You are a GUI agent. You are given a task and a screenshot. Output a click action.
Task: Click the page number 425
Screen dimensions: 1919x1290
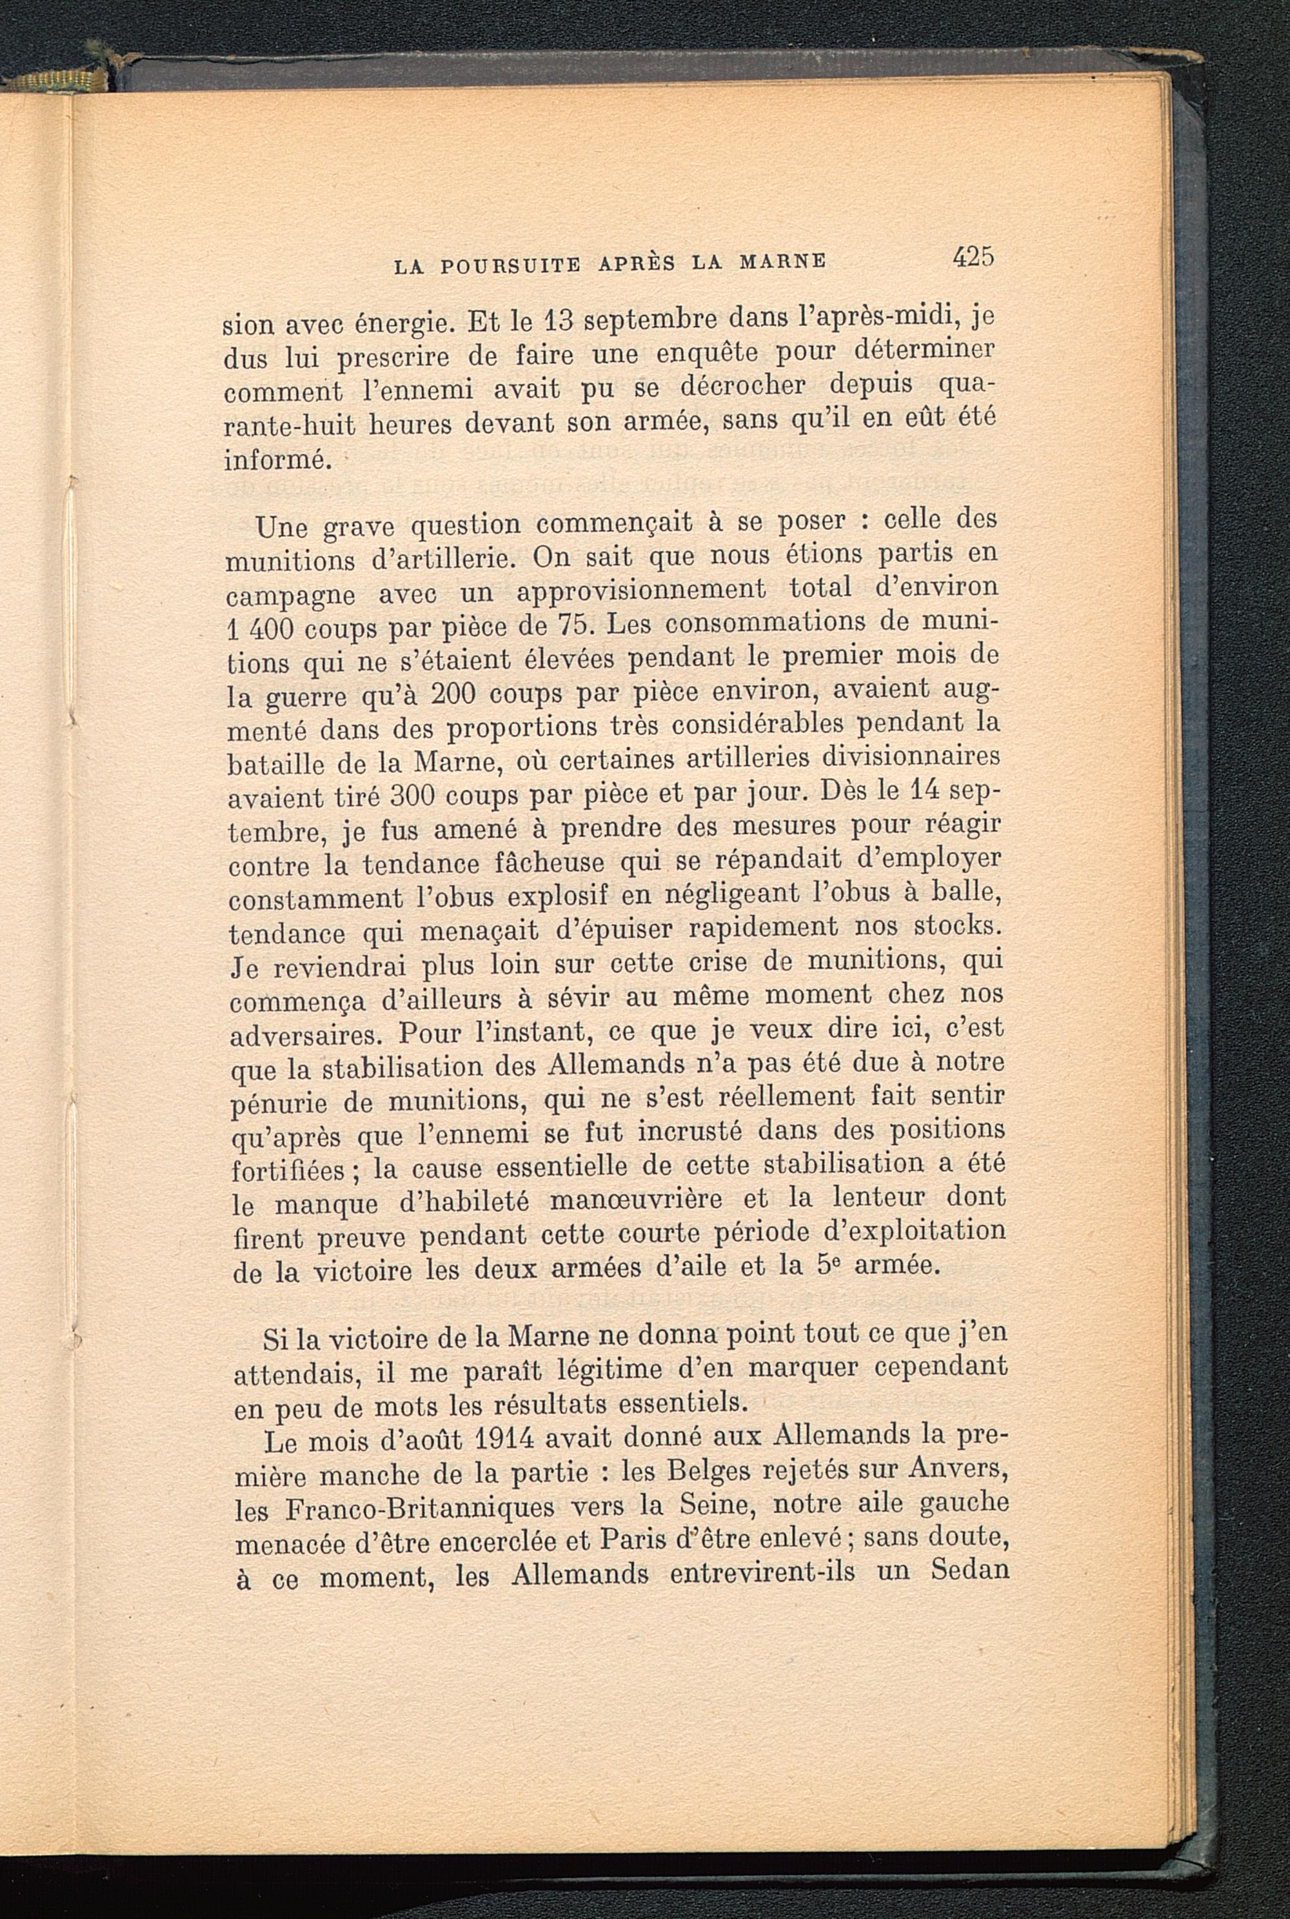tap(974, 257)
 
